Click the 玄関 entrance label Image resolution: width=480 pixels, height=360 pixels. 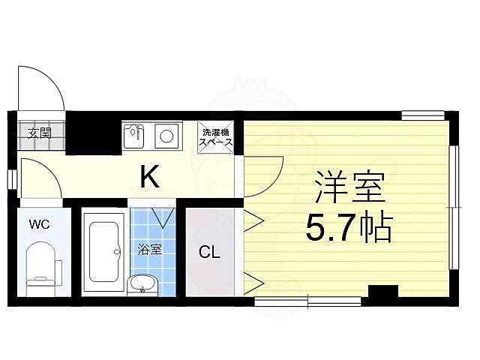point(40,134)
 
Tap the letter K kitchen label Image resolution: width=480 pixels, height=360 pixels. point(150,178)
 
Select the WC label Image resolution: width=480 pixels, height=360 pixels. point(40,223)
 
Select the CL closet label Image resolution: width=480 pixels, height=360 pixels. point(209,253)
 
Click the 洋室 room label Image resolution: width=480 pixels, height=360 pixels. point(349,187)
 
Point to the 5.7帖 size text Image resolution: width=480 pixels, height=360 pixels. point(349,226)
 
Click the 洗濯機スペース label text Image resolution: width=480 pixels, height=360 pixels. point(215,137)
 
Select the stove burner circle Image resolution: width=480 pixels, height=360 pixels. point(166,136)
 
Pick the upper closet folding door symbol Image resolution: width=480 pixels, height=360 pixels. point(253,222)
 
